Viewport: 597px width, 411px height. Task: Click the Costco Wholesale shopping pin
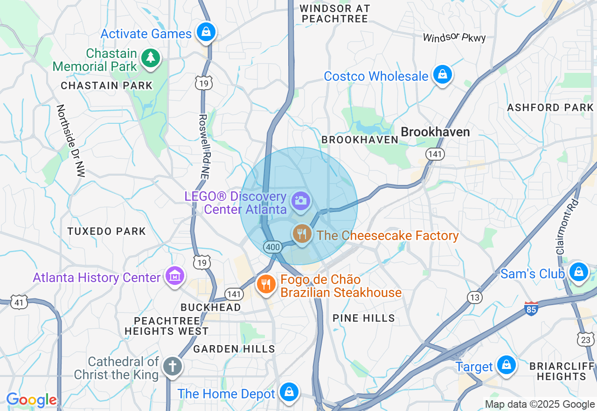click(x=442, y=75)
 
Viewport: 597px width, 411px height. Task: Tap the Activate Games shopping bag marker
click(x=205, y=33)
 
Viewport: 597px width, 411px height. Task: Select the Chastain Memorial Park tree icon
click(x=150, y=58)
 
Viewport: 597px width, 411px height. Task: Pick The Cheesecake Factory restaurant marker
click(x=302, y=234)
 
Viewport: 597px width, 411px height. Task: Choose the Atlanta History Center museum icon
click(x=174, y=276)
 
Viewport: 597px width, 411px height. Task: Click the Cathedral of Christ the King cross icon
click(x=172, y=367)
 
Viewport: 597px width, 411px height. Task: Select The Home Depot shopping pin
click(x=289, y=392)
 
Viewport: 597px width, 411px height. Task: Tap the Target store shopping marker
click(x=506, y=365)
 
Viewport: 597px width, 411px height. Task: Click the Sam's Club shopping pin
click(x=578, y=271)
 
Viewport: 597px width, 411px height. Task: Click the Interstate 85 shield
click(x=531, y=308)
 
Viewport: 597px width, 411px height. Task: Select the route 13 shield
click(x=474, y=298)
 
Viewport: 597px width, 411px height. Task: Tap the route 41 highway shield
click(x=19, y=303)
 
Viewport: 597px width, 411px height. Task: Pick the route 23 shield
click(x=585, y=340)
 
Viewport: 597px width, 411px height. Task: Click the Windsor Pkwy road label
click(x=454, y=38)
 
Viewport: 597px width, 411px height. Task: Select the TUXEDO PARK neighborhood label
click(x=106, y=231)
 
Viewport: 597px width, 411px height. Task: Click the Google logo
click(x=31, y=400)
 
